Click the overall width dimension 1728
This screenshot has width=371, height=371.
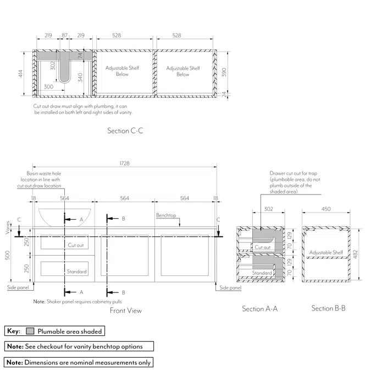pos(124,163)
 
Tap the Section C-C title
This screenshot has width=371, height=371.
pos(126,131)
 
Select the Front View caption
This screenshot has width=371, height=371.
pos(125,311)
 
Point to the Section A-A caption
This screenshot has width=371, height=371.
pos(259,309)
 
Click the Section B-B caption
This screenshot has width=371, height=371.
pos(328,308)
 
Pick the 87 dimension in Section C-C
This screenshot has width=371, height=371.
pos(65,35)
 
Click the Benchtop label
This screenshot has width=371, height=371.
pos(165,215)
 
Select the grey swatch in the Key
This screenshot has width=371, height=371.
pos(30,331)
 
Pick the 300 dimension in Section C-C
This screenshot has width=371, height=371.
pos(48,87)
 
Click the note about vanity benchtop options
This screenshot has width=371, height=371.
pos(79,347)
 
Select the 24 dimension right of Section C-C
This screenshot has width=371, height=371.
pos(224,95)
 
